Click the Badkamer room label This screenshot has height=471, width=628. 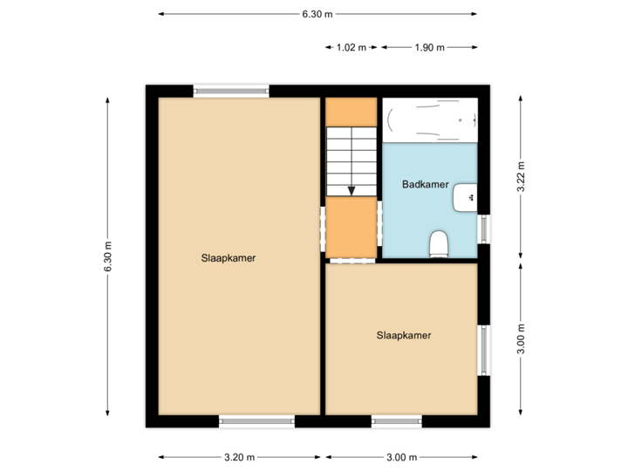pyautogui.click(x=426, y=184)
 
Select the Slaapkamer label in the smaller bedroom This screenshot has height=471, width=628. pyautogui.click(x=404, y=335)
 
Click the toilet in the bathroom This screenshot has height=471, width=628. pyautogui.click(x=439, y=243)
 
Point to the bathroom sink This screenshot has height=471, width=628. pyautogui.click(x=466, y=198)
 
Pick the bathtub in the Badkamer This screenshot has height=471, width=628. pyautogui.click(x=431, y=119)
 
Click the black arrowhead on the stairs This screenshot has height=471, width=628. pyautogui.click(x=351, y=189)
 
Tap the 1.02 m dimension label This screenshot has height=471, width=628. pyautogui.click(x=351, y=48)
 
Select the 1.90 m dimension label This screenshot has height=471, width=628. pyautogui.click(x=429, y=48)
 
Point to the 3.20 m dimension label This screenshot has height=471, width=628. pyautogui.click(x=239, y=457)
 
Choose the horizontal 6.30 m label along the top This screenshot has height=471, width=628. pyautogui.click(x=317, y=14)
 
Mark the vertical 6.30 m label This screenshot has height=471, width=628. pyautogui.click(x=108, y=256)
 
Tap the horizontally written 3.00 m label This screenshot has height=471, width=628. pyautogui.click(x=401, y=457)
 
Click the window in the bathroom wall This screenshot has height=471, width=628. pyautogui.click(x=483, y=229)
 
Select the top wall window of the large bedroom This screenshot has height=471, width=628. pyautogui.click(x=231, y=90)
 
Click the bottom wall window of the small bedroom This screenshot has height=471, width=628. pyautogui.click(x=397, y=421)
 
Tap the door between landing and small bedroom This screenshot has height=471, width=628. pyautogui.click(x=351, y=260)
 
